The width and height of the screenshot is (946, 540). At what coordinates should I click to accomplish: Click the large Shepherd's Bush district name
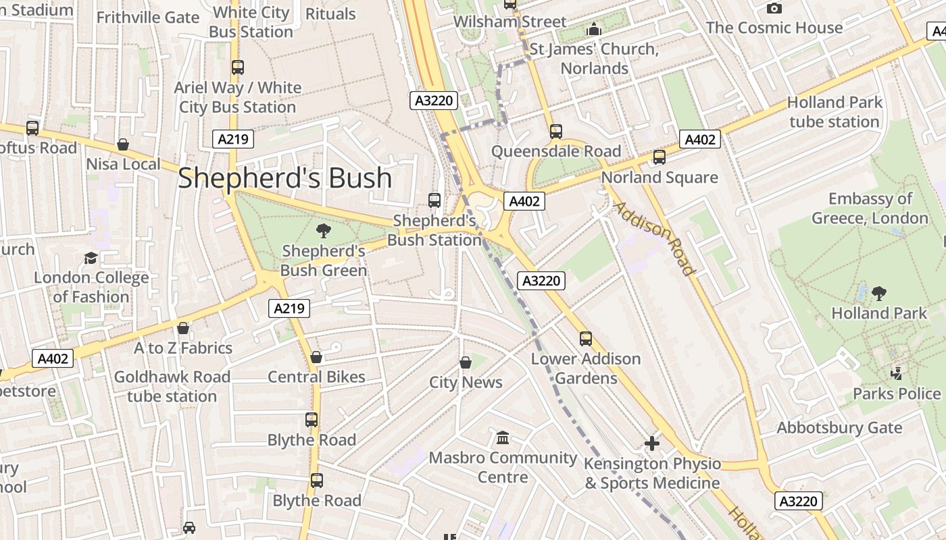tap(284, 178)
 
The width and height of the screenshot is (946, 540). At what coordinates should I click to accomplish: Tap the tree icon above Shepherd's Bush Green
tap(324, 231)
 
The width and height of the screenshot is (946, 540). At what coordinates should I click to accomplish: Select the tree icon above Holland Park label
tap(879, 293)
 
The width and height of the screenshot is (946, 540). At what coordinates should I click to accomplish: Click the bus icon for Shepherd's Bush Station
tap(434, 200)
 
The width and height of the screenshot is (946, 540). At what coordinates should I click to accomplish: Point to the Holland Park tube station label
tap(835, 112)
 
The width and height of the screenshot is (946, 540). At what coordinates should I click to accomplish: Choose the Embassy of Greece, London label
tap(870, 209)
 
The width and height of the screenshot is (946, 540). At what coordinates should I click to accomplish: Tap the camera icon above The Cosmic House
tap(774, 8)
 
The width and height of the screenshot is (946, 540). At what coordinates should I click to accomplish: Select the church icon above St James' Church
tap(594, 29)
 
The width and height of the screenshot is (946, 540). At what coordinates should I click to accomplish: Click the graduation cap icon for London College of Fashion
tap(91, 258)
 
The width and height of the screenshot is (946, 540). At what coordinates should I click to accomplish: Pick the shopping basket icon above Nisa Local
tap(123, 144)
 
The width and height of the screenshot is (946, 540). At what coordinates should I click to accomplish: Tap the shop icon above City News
tap(466, 362)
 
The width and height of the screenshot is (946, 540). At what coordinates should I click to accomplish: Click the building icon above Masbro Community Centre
tap(503, 438)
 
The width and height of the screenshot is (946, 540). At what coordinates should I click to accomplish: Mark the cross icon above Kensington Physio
tap(651, 443)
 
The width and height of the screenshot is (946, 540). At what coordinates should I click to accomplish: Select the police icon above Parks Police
tap(897, 373)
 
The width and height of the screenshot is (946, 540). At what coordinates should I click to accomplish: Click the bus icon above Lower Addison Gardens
tap(586, 339)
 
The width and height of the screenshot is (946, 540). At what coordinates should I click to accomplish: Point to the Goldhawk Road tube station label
tap(172, 386)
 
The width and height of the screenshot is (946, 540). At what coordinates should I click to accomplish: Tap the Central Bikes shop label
tap(316, 377)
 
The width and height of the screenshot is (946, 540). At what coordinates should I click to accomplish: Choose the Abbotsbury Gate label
tap(839, 428)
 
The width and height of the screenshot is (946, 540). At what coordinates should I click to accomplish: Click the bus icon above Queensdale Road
tap(556, 132)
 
